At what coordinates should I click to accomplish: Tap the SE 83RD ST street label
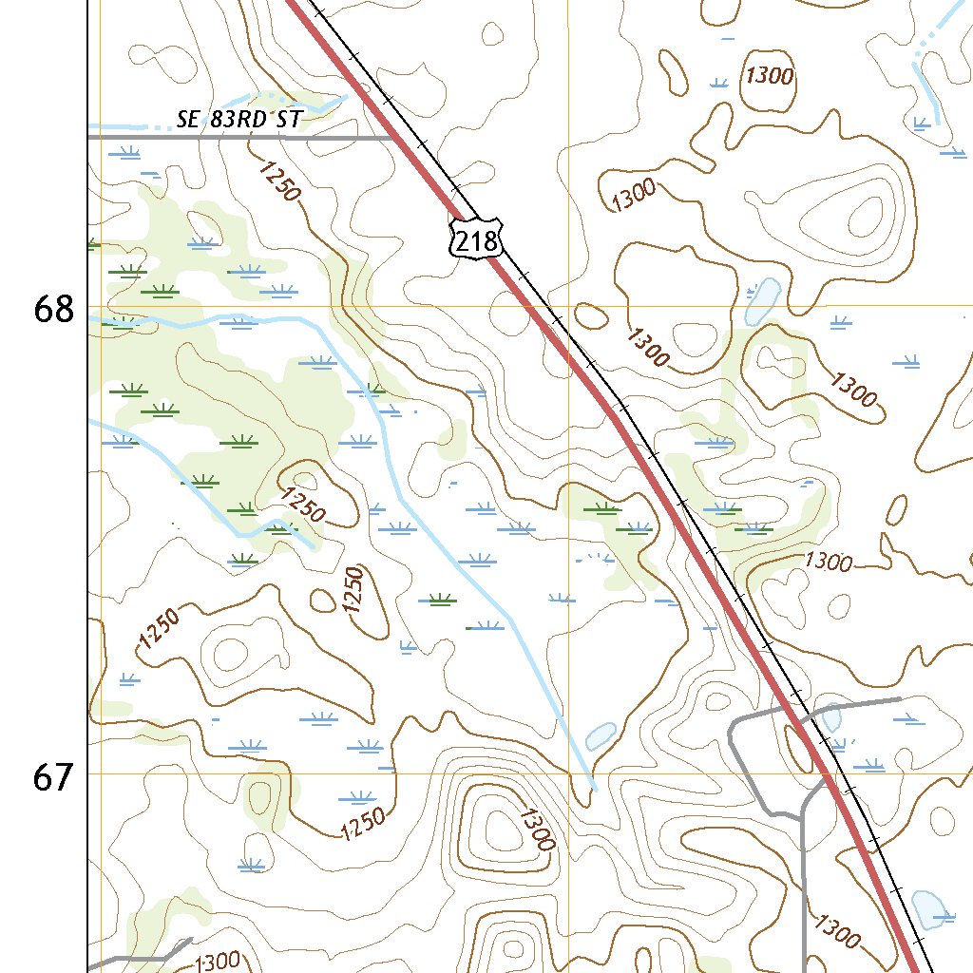239,120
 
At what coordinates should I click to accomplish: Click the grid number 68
53,309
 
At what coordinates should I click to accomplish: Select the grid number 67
53,777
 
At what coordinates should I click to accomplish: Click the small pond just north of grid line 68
762,299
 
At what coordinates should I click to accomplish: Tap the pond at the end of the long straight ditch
601,735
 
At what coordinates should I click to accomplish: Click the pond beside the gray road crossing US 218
830,717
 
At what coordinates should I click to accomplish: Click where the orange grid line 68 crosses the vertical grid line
567,306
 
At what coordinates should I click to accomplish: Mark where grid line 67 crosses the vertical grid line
567,773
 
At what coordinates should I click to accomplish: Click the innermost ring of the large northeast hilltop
867,217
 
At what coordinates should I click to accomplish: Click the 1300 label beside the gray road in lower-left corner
216,963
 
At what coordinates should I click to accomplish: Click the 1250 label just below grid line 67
363,823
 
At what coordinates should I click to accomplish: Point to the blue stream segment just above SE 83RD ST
285,101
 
